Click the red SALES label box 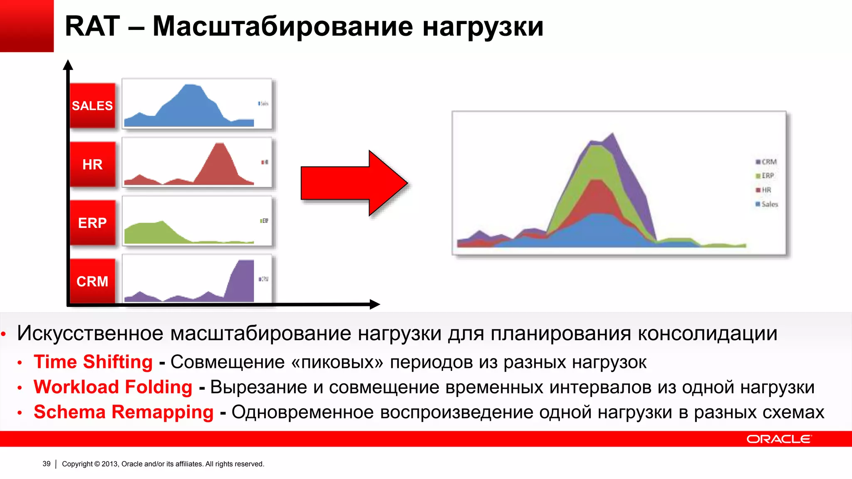[x=92, y=106]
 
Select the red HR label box [x=92, y=164]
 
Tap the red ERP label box [x=92, y=223]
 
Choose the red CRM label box [x=92, y=281]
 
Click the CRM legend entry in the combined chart [x=766, y=162]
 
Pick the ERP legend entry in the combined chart [x=765, y=175]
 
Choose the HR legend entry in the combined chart [x=764, y=190]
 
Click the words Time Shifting [x=93, y=362]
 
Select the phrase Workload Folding [x=113, y=387]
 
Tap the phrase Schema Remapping [x=124, y=412]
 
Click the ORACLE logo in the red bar [x=778, y=439]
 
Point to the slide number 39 [x=47, y=464]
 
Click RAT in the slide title [x=92, y=27]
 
